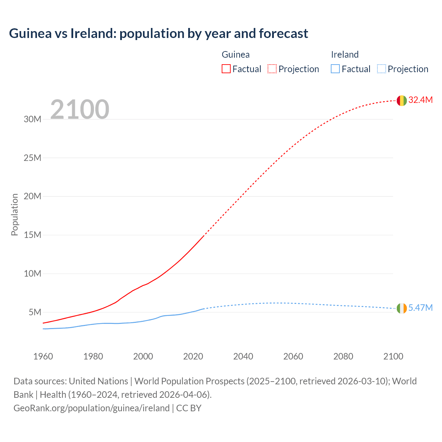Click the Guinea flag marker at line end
point(402,100)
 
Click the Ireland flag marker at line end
point(402,308)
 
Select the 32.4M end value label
point(420,100)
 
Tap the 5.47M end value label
point(420,308)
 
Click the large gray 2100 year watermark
point(80,109)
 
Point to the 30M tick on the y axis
point(32,119)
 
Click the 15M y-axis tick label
point(32,235)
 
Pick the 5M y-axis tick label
point(35,313)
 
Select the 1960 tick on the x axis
point(43,356)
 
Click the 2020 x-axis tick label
point(193,356)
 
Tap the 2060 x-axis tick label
point(293,356)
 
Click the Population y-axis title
point(15,214)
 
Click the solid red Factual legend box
point(226,69)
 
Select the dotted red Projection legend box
point(272,69)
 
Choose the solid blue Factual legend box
point(335,69)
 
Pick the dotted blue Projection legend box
point(381,69)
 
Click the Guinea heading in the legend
point(236,55)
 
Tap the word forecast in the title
point(284,33)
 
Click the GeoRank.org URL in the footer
point(92,408)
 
